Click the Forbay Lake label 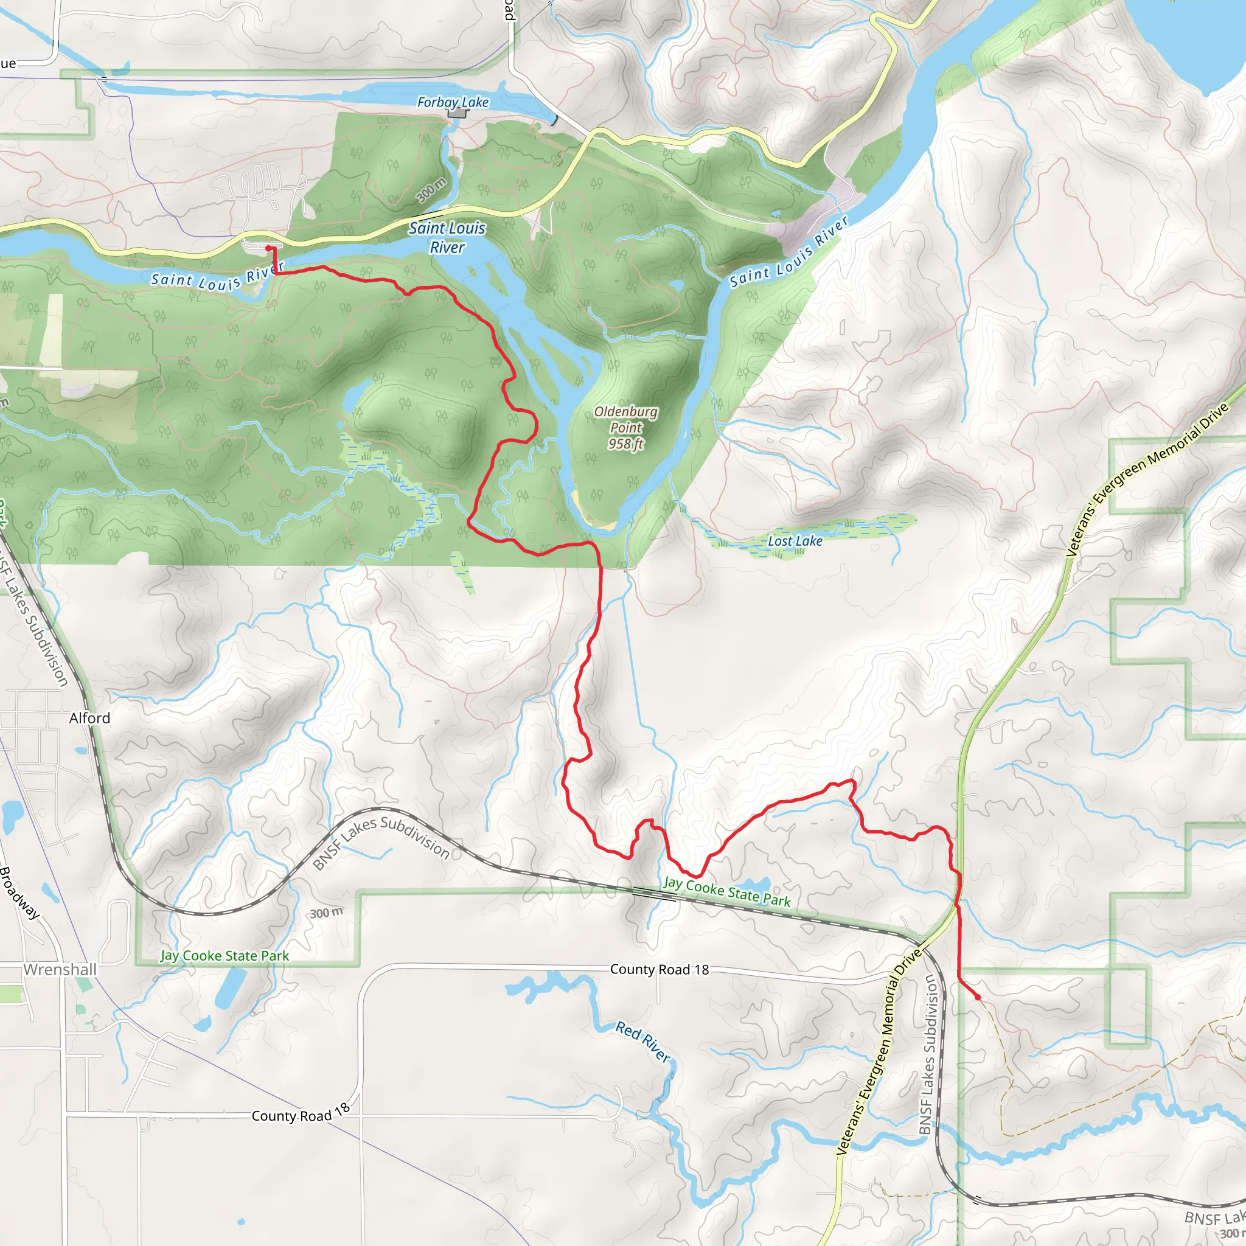pos(453,102)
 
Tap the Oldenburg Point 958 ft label pos(626,428)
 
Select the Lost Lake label pos(795,541)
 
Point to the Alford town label pos(89,718)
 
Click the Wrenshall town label pos(60,969)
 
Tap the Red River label pos(643,1041)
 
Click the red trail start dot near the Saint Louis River pos(268,248)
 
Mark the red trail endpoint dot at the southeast pos(977,997)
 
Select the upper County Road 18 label pos(659,969)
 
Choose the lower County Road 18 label pos(301,1113)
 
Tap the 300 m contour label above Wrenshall pos(326,913)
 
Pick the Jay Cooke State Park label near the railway pos(727,892)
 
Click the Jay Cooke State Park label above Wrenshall pos(224,956)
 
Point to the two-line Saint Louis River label pos(447,237)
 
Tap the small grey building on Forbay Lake pos(458,113)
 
